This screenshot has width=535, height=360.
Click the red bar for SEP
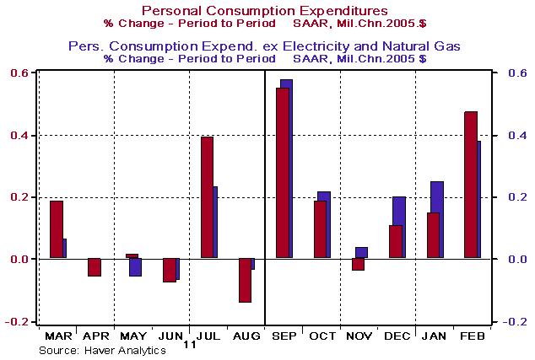[282, 173]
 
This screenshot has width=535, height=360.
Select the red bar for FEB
[470, 185]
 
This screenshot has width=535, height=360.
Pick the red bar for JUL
[207, 197]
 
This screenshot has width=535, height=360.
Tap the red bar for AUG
[245, 280]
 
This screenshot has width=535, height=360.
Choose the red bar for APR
[94, 266]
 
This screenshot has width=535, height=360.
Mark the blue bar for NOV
[362, 251]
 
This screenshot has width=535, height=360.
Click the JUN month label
[170, 336]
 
